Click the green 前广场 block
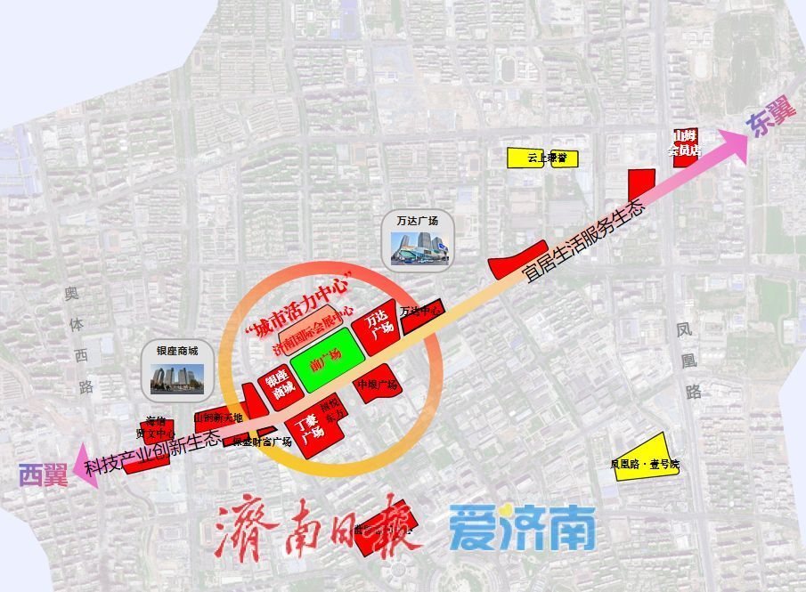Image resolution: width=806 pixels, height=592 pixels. click(326, 360)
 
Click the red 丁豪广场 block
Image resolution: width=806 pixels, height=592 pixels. click(310, 431)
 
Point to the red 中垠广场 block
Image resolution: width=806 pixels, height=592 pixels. click(379, 384)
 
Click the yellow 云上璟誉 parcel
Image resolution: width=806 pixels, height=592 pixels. click(541, 158)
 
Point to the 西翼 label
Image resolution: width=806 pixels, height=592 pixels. click(44, 474)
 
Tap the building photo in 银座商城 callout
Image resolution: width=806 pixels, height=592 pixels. click(177, 377)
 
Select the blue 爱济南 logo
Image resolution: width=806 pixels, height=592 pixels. click(522, 528)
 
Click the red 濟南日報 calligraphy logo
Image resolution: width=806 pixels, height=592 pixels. click(317, 530)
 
